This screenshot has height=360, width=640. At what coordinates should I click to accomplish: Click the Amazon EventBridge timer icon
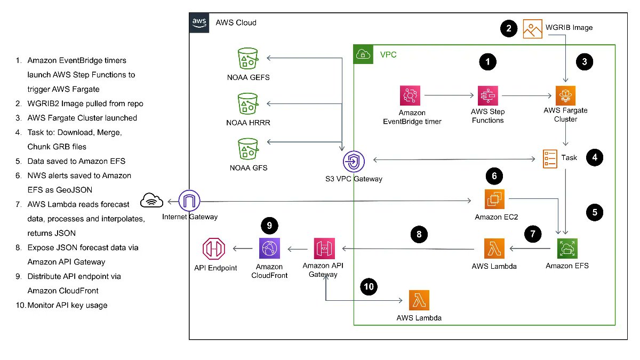coord(411,97)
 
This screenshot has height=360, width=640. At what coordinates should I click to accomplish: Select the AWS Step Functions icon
coord(487,97)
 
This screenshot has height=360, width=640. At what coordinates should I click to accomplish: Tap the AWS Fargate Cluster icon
coord(566,97)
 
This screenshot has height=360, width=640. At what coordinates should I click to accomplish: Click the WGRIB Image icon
coord(533,29)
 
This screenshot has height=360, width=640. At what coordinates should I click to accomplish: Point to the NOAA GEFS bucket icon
coord(247,58)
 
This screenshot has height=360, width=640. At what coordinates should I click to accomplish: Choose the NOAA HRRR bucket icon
coord(247,103)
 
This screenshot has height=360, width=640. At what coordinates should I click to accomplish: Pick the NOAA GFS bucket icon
coord(247,149)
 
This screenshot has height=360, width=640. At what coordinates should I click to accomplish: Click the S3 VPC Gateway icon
coord(354,160)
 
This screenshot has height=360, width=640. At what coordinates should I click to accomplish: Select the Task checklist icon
coord(551,159)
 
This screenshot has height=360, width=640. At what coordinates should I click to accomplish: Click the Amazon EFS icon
coord(567,248)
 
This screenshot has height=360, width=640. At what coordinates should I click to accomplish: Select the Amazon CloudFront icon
coord(269,249)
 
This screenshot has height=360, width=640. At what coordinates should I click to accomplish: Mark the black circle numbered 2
coord(509,29)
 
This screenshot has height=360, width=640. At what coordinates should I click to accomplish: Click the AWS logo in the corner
coord(199,22)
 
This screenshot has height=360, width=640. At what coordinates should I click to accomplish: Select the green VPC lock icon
coord(363,54)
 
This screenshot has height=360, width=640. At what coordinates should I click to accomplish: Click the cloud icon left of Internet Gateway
coord(151,201)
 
